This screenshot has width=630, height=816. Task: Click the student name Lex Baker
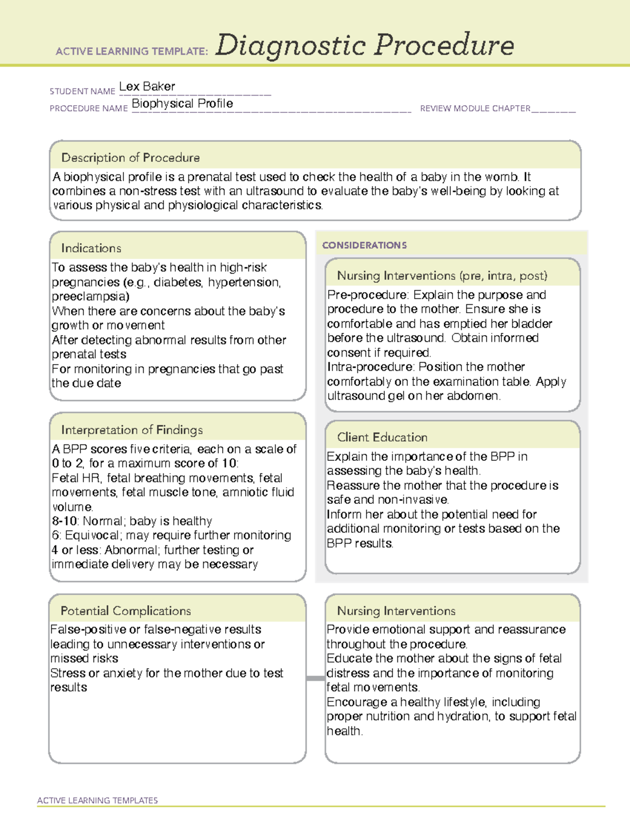click(147, 87)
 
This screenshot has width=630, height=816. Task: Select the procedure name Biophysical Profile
click(182, 104)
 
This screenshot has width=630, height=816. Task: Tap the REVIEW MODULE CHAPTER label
click(475, 109)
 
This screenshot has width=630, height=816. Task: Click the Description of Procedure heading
click(130, 158)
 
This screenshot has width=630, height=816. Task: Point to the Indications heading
click(91, 248)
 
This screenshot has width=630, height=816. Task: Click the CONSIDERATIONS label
click(364, 245)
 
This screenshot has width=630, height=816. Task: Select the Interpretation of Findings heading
click(132, 430)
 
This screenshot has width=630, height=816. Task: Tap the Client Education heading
click(382, 437)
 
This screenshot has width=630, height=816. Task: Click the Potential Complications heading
click(125, 611)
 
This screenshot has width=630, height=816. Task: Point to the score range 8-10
click(65, 521)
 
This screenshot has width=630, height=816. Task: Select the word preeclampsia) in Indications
click(90, 296)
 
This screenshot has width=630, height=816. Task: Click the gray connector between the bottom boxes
click(315, 678)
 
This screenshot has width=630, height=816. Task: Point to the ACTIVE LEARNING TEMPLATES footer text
click(98, 800)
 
